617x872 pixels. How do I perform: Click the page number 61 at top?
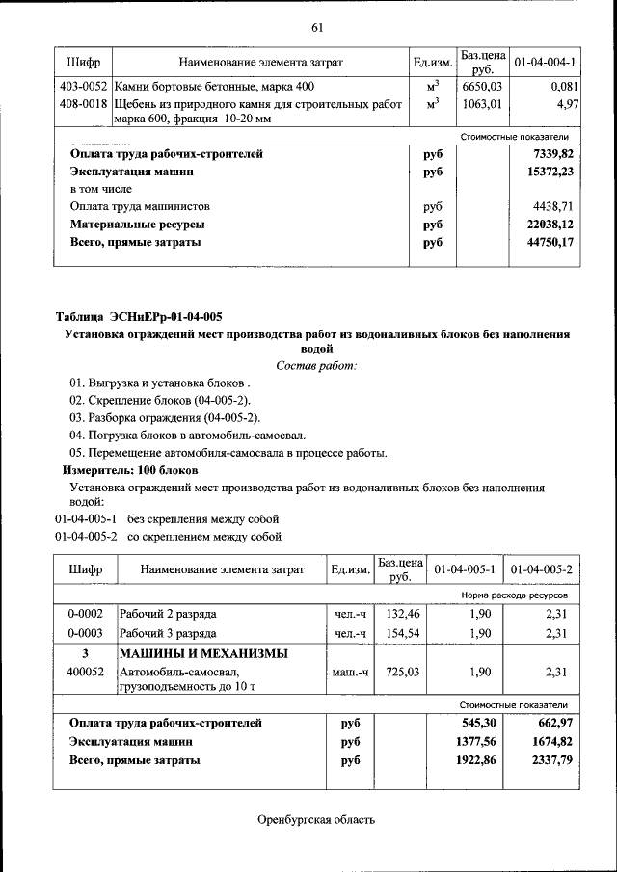[316, 26]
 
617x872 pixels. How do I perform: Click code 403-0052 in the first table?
[82, 87]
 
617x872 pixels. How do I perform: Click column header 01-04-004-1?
[545, 63]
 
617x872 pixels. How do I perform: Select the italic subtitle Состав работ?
[316, 365]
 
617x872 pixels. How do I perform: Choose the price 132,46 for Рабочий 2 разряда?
[399, 613]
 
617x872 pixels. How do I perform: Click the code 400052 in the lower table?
[85, 672]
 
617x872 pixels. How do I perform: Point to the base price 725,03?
[399, 672]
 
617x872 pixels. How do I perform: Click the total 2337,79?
[551, 759]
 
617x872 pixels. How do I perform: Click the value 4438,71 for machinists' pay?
[552, 206]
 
